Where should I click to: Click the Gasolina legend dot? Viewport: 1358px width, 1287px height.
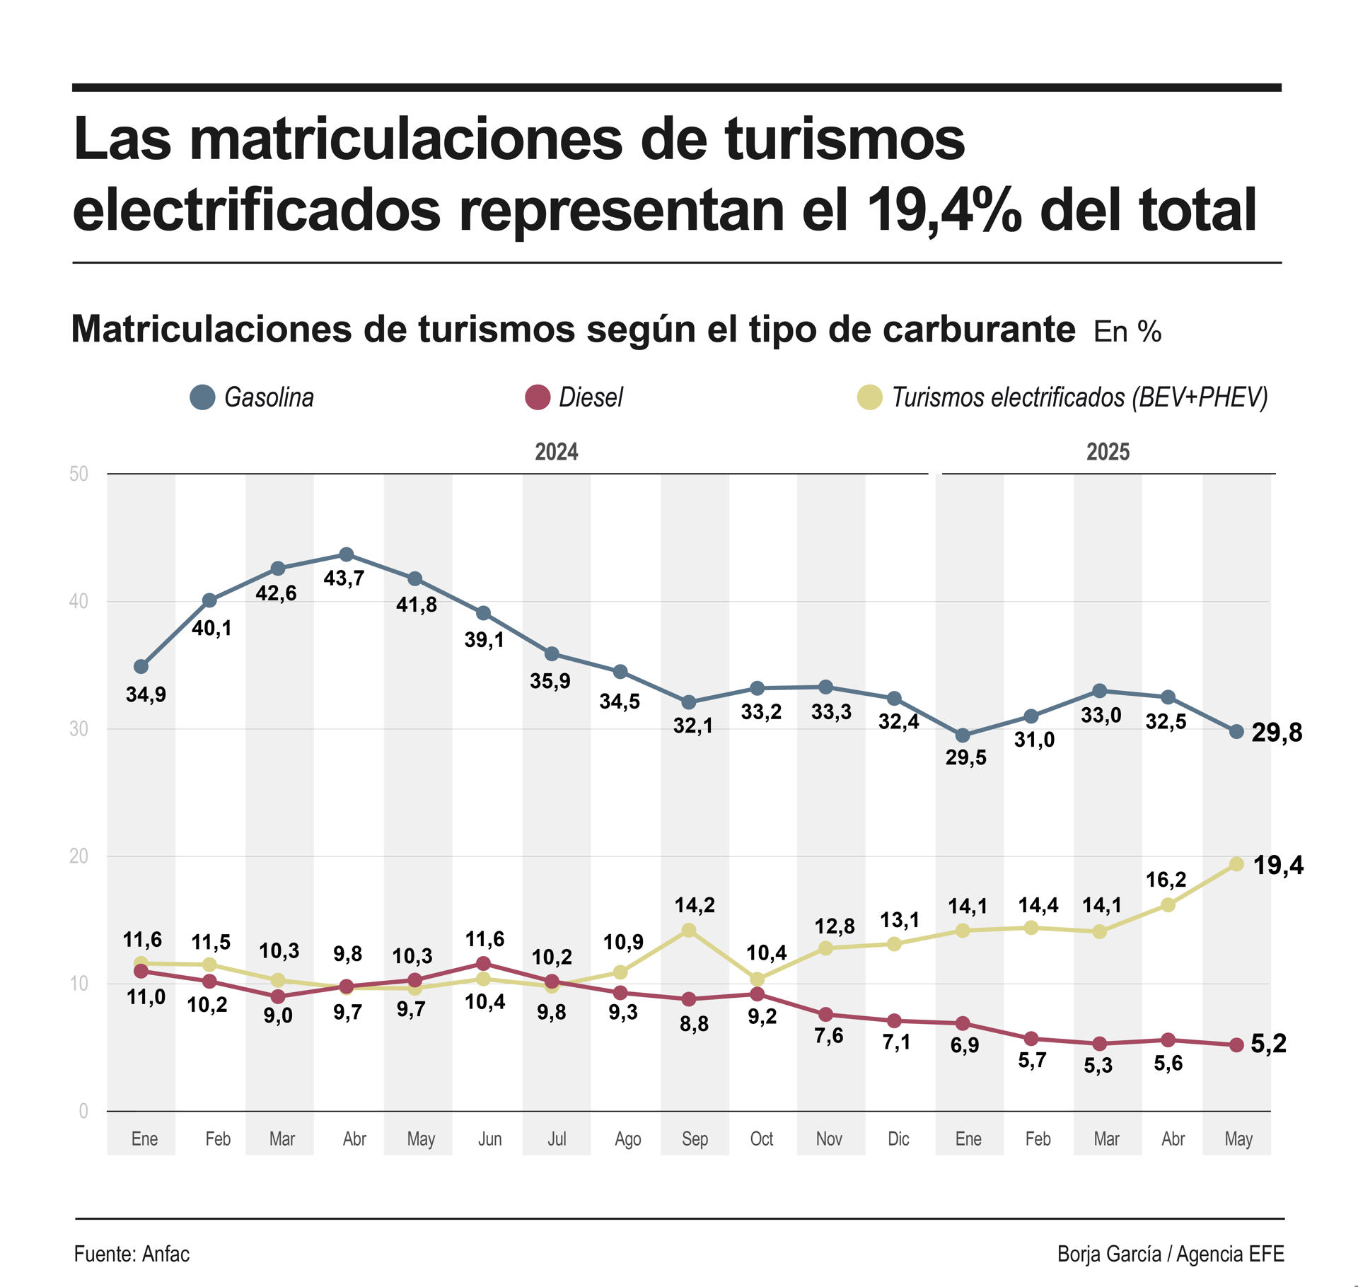202,397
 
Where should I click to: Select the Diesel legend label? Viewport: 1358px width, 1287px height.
591,397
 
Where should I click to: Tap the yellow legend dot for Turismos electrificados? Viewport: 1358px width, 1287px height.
869,397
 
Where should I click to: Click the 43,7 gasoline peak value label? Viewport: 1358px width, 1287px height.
344,578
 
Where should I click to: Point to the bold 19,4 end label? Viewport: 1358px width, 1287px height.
1277,865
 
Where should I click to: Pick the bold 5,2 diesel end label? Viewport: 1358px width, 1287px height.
1268,1044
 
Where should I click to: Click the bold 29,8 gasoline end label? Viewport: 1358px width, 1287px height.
1276,733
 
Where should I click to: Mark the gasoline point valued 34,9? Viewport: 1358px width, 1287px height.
141,667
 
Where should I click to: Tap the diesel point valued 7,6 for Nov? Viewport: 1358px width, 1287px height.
825,1015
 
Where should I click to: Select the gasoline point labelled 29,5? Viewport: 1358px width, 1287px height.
963,736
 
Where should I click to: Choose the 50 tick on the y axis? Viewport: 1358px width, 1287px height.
79,474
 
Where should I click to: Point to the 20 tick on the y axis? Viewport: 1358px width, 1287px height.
79,856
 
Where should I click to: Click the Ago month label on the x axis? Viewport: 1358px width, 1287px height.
627,1139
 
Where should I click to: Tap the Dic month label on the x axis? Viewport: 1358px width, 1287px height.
898,1139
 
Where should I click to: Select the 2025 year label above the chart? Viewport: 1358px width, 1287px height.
1108,452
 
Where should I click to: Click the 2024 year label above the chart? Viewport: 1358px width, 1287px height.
556,452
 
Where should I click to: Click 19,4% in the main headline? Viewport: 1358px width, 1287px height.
944,210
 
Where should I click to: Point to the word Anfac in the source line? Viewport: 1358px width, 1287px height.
166,1254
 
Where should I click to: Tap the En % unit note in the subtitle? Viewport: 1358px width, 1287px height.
1127,332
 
